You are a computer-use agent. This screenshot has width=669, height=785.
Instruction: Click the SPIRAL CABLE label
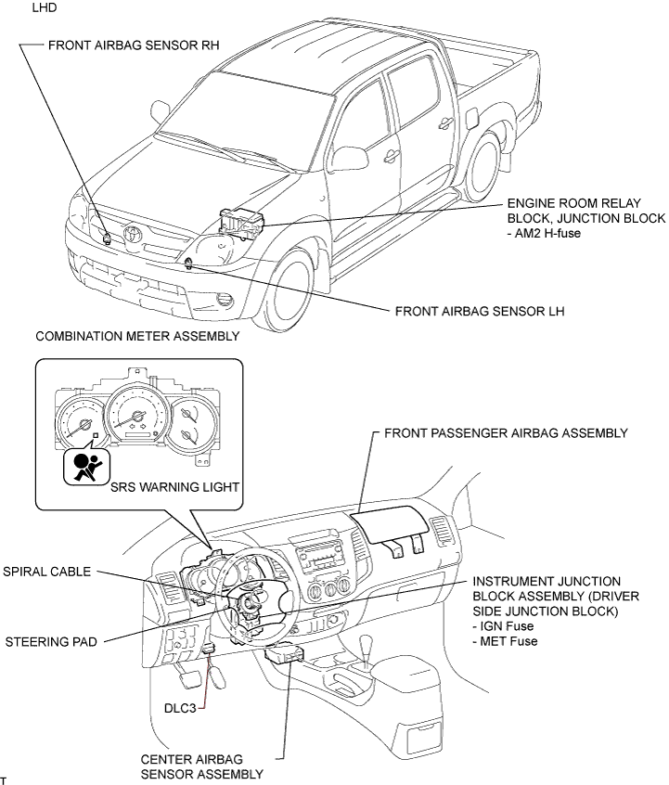tap(47, 573)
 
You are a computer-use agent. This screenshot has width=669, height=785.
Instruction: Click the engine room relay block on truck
tap(240, 224)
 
